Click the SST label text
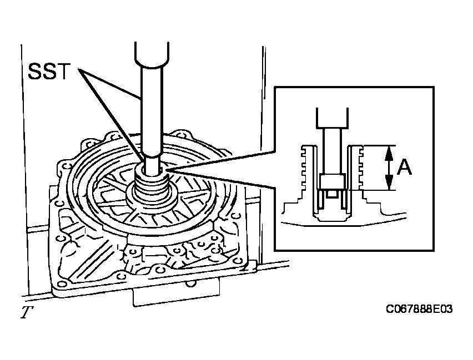(49, 72)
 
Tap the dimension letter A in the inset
(404, 168)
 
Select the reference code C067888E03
(419, 309)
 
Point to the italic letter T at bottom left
(27, 312)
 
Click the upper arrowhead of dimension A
(389, 152)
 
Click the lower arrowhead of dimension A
(389, 183)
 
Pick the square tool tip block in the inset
(332, 182)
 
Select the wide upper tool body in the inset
(332, 118)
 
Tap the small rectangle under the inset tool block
(332, 195)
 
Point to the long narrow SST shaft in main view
(152, 109)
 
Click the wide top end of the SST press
(152, 54)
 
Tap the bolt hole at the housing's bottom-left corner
(62, 284)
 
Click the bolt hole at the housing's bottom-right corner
(239, 261)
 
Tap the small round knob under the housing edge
(190, 283)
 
